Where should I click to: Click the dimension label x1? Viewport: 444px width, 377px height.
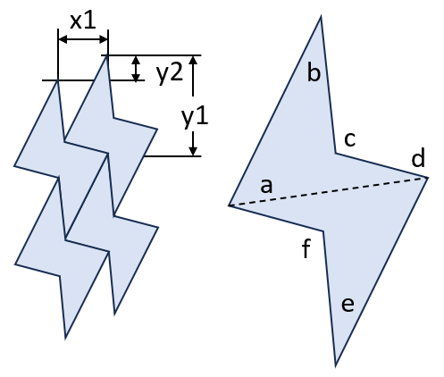tap(83, 21)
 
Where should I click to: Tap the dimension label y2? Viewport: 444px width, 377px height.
tap(170, 74)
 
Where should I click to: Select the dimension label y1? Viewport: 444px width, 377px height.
tap(195, 118)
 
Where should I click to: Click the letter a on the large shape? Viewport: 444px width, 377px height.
tap(266, 187)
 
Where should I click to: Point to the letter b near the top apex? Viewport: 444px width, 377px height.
tap(314, 72)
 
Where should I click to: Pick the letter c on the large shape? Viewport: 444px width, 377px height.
tap(350, 139)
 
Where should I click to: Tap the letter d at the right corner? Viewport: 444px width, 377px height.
tap(418, 158)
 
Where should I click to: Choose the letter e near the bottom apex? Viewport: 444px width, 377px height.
tap(348, 305)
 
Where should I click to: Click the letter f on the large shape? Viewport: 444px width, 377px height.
tap(306, 249)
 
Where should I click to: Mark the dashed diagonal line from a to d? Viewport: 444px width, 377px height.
tap(328, 191)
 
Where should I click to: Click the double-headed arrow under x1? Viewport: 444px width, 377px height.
tap(83, 39)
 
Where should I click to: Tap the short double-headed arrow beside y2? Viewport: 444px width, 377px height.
tap(136, 69)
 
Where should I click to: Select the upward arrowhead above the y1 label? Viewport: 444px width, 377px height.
tap(193, 61)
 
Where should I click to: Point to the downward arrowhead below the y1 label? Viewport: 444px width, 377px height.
tap(193, 150)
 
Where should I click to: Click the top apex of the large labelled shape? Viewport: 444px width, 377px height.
tap(321, 17)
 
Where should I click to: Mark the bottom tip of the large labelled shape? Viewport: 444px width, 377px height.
tap(336, 365)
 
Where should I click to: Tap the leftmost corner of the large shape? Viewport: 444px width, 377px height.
tap(229, 205)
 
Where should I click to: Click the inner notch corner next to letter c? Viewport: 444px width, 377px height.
tap(336, 154)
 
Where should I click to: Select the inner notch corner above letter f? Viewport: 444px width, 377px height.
tap(323, 230)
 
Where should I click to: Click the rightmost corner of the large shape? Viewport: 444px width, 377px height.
tap(428, 178)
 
